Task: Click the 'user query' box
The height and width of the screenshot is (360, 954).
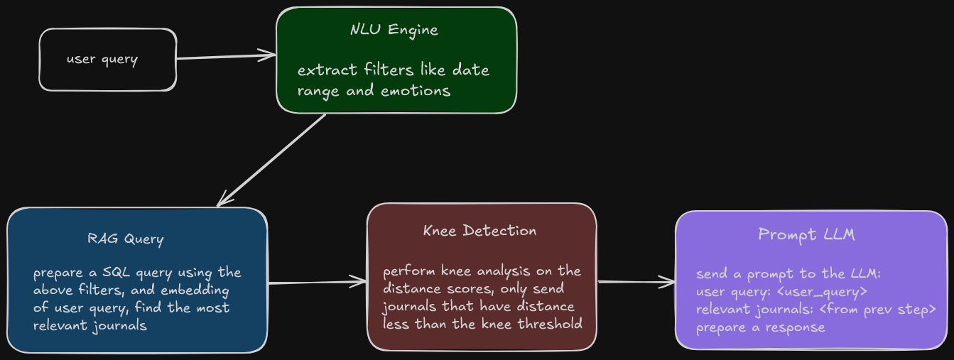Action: [107, 60]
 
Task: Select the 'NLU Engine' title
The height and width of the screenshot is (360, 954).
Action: [394, 30]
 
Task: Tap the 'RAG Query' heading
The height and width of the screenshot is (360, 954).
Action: [126, 239]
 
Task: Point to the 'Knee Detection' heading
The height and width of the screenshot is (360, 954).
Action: [479, 231]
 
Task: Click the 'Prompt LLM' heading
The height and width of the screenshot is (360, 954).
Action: [806, 234]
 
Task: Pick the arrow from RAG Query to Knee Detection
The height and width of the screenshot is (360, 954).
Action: [317, 283]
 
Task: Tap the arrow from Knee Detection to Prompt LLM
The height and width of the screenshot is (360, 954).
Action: [636, 282]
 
